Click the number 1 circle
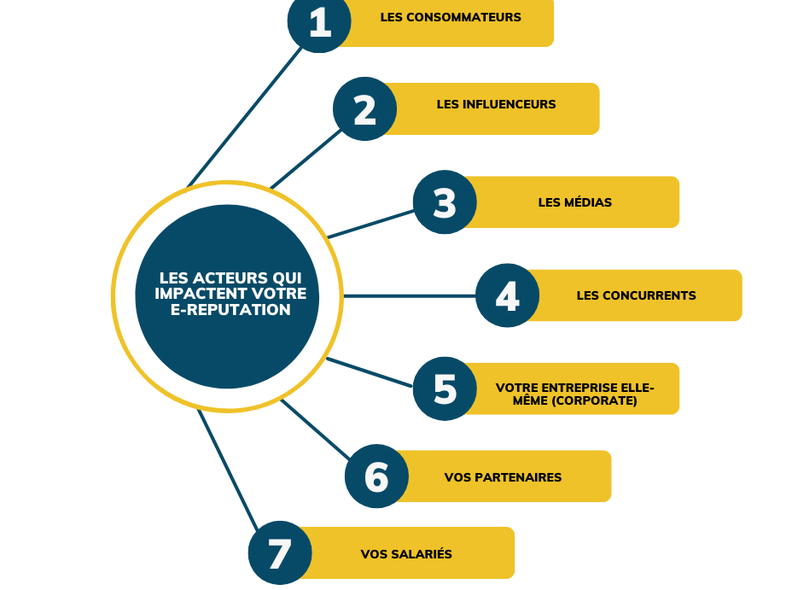(x=319, y=21)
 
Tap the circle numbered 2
(x=364, y=109)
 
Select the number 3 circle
(x=445, y=203)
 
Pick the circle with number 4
(x=507, y=295)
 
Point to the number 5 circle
(x=445, y=388)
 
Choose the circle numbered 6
(x=376, y=476)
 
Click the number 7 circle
(x=280, y=552)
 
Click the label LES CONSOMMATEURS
(x=451, y=17)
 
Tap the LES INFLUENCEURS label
(x=496, y=104)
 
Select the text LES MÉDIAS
(x=574, y=202)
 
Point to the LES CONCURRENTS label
(x=636, y=295)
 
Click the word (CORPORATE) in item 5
(x=595, y=400)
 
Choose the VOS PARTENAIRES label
(x=503, y=477)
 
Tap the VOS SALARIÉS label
(x=406, y=554)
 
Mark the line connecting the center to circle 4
(x=410, y=295)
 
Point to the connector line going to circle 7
(x=228, y=469)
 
